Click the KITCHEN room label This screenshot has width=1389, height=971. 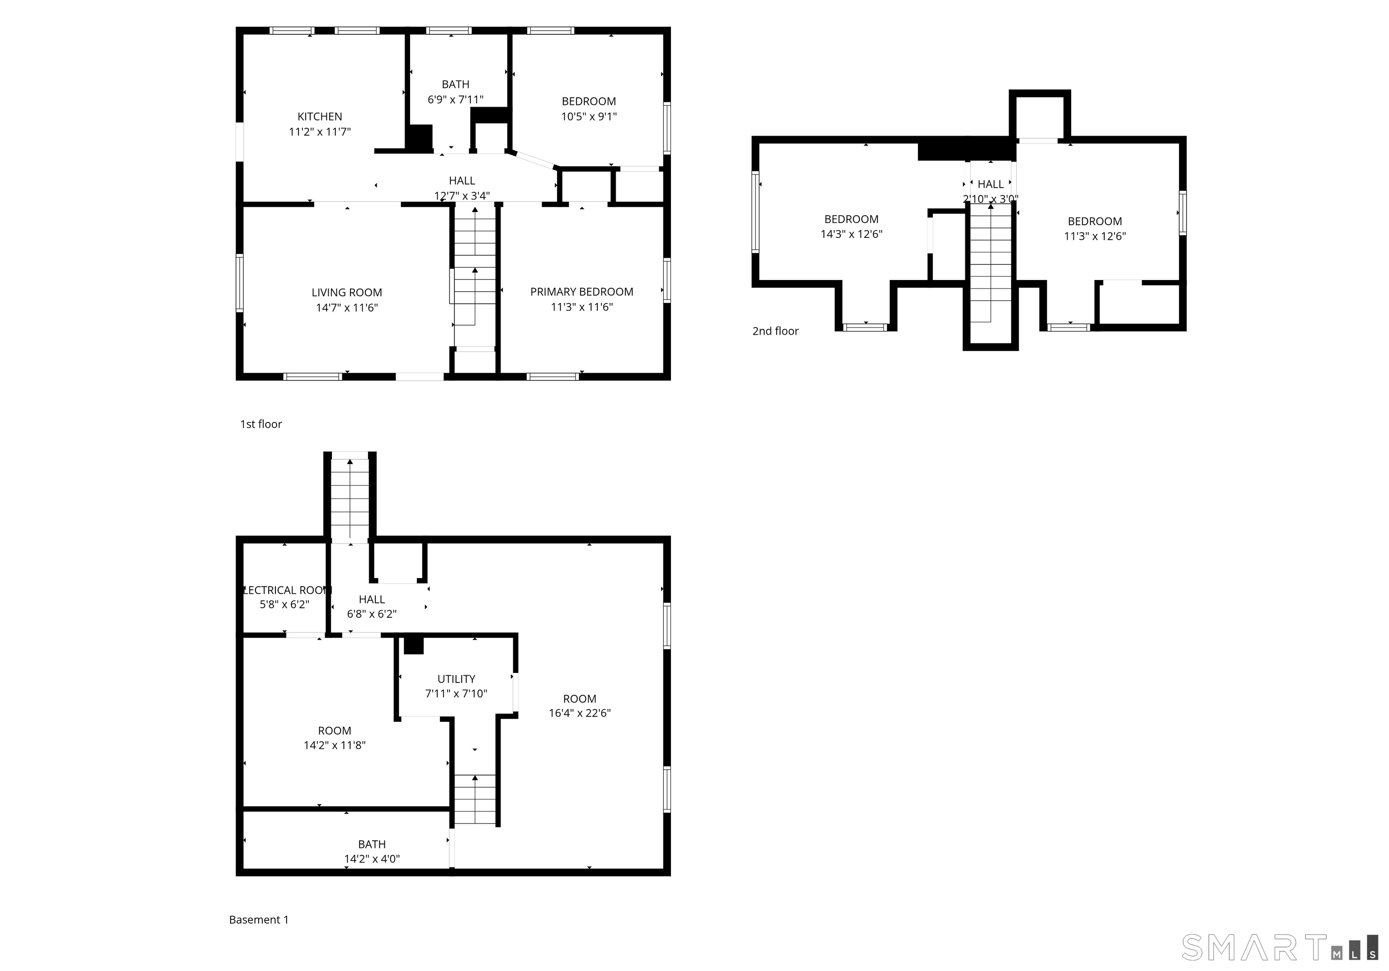coord(319,117)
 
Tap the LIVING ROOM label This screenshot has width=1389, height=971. coord(347,293)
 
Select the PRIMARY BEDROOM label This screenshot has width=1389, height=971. coord(581,292)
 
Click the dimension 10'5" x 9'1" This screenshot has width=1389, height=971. coord(589,117)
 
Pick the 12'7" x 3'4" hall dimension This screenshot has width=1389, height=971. coord(462,195)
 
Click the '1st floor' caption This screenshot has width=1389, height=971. coord(261,424)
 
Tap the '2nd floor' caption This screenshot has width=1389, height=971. coord(775,331)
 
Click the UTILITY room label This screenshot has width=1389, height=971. coord(456,679)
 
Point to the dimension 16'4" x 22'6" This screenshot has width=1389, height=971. coord(580,713)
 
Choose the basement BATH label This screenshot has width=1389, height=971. coord(372,844)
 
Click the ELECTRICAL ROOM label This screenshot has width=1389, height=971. coord(286,590)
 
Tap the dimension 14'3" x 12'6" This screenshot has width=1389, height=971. coord(851,234)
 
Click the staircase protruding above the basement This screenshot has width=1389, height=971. coord(350,498)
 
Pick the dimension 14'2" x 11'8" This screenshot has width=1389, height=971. coord(335,745)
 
